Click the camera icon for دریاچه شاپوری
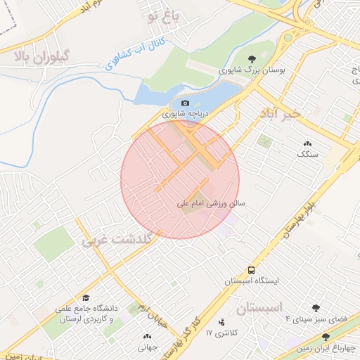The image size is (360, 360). pyautogui.click(x=186, y=103)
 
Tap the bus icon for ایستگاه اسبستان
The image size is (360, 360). pyautogui.click(x=251, y=270)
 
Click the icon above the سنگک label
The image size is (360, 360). pyautogui.click(x=308, y=143)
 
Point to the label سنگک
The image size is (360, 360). pyautogui.click(x=308, y=153)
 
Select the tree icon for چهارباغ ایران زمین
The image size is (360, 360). pyautogui.click(x=325, y=337)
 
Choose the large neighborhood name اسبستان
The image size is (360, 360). pyautogui.click(x=259, y=308)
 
